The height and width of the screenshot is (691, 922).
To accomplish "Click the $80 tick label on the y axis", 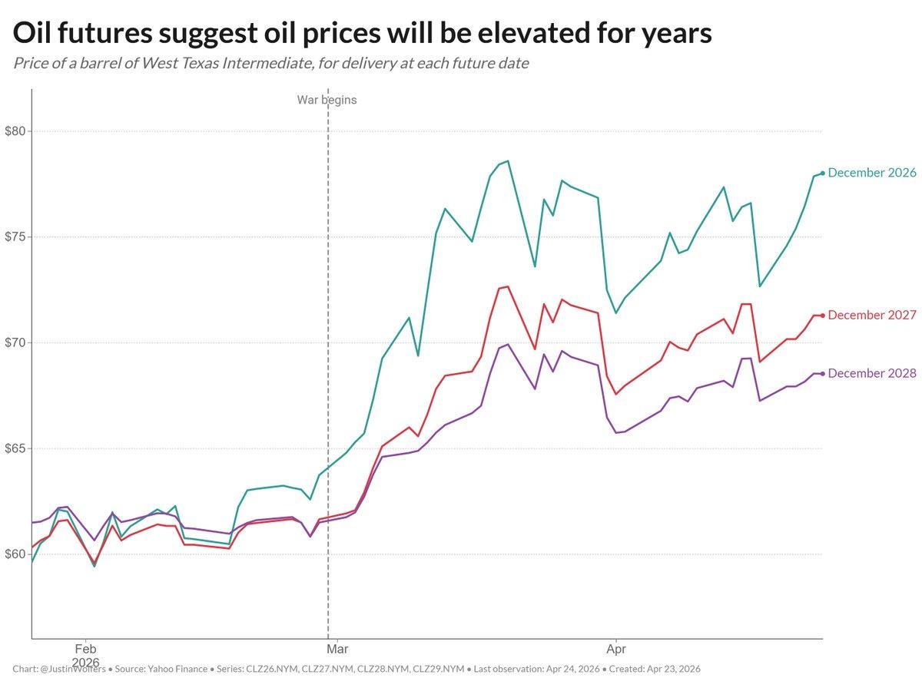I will [15, 131].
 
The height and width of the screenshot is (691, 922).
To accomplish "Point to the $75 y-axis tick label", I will [15, 237].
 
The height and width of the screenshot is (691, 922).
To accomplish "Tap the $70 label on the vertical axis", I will [15, 342].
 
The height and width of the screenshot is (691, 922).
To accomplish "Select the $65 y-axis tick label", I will [15, 448].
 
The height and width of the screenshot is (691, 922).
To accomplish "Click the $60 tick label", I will [15, 554].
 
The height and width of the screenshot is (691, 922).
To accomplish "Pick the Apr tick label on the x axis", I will [615, 648].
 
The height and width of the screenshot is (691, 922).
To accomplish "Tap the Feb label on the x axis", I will [85, 648].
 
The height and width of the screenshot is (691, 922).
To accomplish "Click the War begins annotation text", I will [327, 100].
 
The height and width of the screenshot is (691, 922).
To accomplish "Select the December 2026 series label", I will [872, 173].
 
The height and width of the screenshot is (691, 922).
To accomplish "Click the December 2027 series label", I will [872, 315].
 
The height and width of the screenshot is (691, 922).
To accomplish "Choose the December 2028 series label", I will [872, 374].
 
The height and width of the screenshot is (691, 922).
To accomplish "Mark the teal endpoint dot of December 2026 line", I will [823, 173].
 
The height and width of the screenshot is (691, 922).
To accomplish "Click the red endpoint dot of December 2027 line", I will [823, 316].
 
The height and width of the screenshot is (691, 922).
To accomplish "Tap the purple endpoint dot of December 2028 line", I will [823, 374].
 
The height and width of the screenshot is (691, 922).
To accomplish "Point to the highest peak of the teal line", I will [508, 161].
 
